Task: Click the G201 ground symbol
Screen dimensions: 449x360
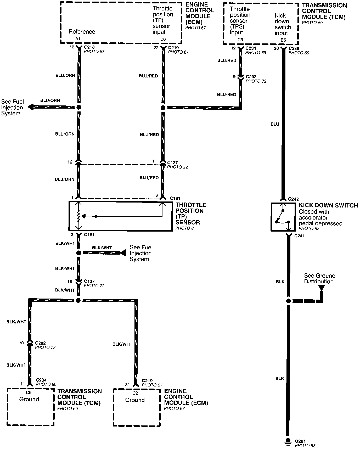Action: click(x=288, y=441)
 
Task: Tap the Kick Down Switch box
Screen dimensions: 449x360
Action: click(x=282, y=217)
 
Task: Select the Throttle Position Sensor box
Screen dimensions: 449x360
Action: click(x=120, y=216)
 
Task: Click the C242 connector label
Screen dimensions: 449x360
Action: click(x=293, y=199)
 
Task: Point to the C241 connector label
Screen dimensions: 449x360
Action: click(x=299, y=236)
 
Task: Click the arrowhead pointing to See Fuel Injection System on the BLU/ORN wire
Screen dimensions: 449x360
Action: click(x=31, y=107)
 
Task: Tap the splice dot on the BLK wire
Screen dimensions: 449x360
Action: click(x=288, y=301)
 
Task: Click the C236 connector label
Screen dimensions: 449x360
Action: click(x=294, y=48)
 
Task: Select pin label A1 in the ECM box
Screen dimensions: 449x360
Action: click(x=78, y=39)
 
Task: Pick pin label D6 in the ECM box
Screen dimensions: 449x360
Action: click(x=163, y=39)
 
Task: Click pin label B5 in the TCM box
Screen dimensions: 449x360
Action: click(x=283, y=40)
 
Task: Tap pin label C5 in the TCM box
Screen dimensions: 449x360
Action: click(x=240, y=40)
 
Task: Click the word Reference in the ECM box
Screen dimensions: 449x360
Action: click(x=82, y=32)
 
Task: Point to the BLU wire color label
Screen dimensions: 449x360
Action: click(x=275, y=124)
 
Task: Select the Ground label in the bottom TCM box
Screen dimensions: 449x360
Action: click(x=29, y=399)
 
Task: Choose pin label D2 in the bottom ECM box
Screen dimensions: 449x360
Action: click(x=135, y=393)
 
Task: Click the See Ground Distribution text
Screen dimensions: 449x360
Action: click(x=319, y=278)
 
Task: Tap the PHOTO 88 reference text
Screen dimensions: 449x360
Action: click(x=305, y=445)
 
